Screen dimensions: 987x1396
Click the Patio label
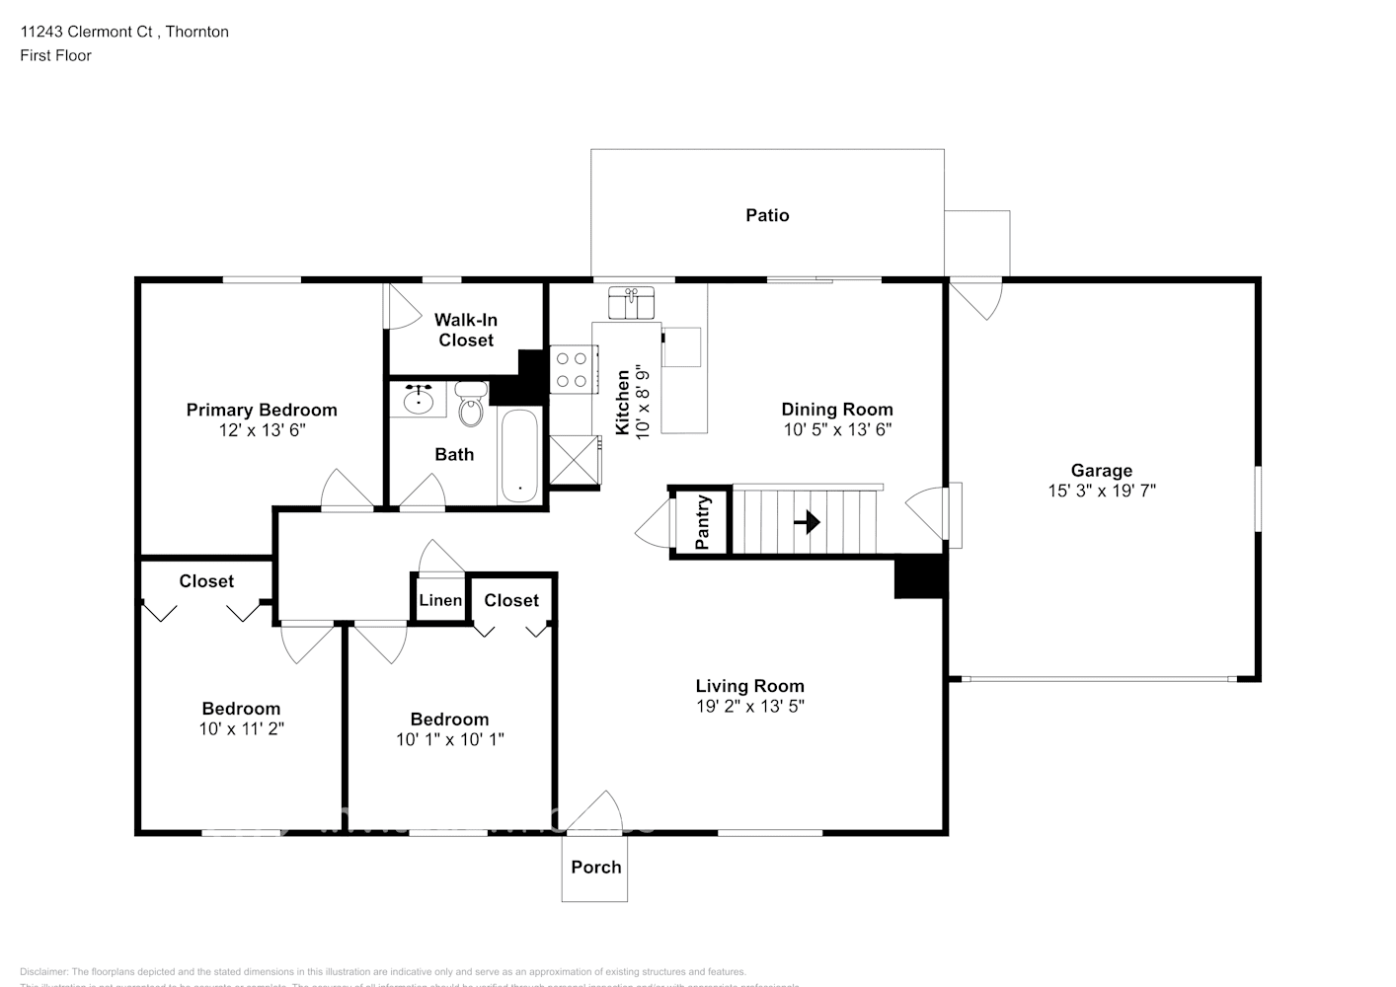tap(767, 215)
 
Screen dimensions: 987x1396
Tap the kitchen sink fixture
tap(633, 303)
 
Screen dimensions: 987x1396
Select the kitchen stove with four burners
tap(573, 369)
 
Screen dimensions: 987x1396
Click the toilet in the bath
tap(472, 406)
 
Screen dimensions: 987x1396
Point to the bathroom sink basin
tap(421, 399)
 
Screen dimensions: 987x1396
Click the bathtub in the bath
tap(519, 456)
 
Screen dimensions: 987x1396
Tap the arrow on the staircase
tap(808, 521)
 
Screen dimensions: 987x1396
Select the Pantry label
tap(703, 522)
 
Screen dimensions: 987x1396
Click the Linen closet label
tap(440, 600)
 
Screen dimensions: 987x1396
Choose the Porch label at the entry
tap(596, 867)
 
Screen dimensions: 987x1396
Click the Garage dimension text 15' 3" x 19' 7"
tap(1102, 491)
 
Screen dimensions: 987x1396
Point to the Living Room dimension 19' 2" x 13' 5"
tap(749, 707)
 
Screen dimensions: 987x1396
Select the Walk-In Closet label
tap(466, 330)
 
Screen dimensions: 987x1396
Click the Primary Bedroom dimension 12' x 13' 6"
tap(262, 430)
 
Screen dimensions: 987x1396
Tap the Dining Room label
tap(837, 409)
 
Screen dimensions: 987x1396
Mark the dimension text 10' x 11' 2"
tap(241, 729)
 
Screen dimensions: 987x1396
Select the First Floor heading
tap(55, 55)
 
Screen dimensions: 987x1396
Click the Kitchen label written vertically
tap(623, 403)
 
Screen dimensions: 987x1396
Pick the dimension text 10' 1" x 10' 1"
tap(450, 739)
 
